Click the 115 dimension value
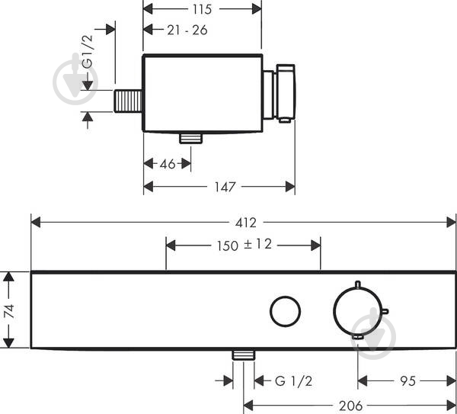tap(202, 9)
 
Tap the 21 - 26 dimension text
tap(187, 30)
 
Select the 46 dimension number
tap(168, 164)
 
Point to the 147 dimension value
tap(225, 187)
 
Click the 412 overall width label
tap(246, 223)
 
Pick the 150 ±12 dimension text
tap(244, 245)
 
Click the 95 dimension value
tap(407, 381)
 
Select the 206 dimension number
tap(350, 406)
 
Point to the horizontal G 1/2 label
tap(293, 381)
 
